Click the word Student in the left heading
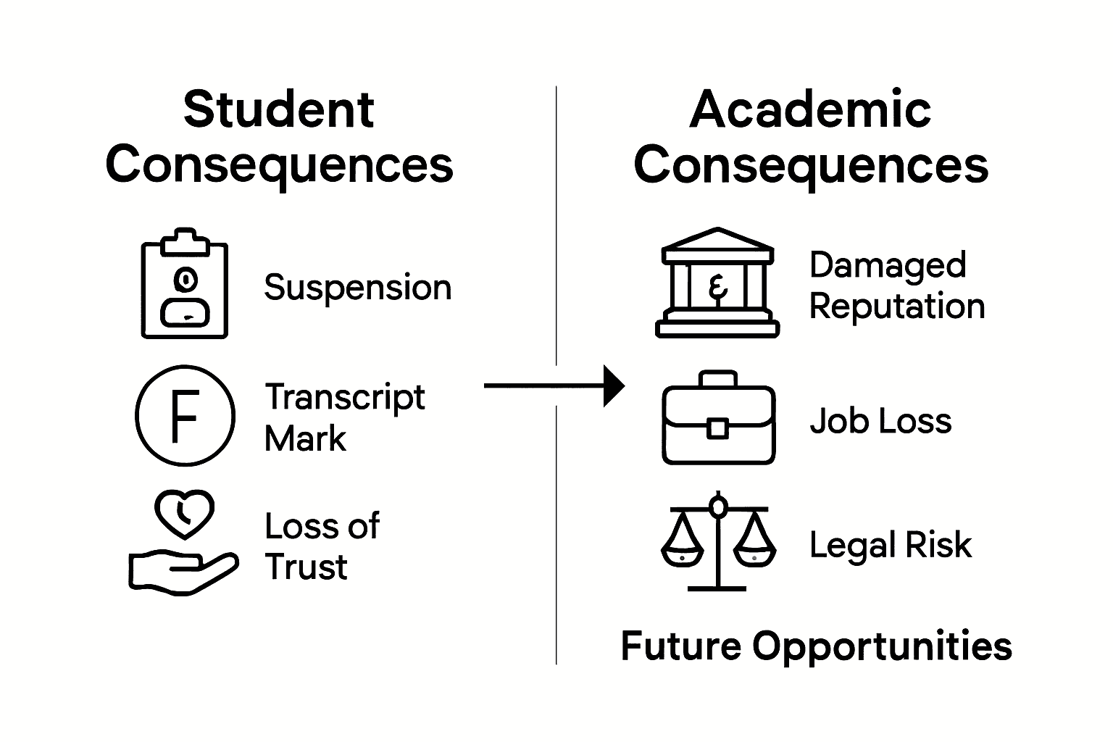[278, 110]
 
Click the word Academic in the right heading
[810, 110]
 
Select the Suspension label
[357, 288]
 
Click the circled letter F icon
[185, 416]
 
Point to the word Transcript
[345, 398]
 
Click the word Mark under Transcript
[305, 439]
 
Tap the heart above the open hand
[184, 514]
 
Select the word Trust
[307, 567]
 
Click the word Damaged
[888, 265]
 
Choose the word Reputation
[897, 307]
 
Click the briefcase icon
[718, 420]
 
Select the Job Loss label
[880, 421]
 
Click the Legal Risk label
[891, 545]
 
